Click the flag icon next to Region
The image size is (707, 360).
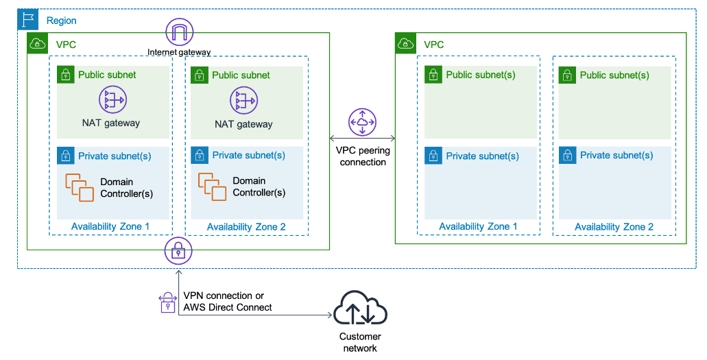coord(27,20)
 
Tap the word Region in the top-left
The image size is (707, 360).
coord(61,21)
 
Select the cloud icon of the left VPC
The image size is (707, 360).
coord(37,45)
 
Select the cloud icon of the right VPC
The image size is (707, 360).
coord(405,45)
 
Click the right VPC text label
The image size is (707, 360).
coord(433,45)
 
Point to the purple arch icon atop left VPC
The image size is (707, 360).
coord(180,32)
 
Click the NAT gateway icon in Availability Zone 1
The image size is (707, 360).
coord(112,99)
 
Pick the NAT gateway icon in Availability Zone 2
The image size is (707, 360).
coord(244,101)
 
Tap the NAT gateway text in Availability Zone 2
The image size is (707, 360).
coord(243,124)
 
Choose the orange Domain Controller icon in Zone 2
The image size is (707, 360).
coord(213,187)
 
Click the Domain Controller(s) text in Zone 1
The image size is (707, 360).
coord(126,187)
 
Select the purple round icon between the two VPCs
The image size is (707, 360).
coord(361,121)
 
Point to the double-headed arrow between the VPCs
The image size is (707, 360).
coord(362,139)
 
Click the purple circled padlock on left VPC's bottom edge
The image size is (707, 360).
coord(178,251)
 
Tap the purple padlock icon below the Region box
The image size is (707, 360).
coord(168,302)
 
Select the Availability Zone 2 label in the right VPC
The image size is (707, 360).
coord(614,227)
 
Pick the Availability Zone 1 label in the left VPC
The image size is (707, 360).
coord(110,226)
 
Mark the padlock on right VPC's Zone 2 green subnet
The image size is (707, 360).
coord(567,75)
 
